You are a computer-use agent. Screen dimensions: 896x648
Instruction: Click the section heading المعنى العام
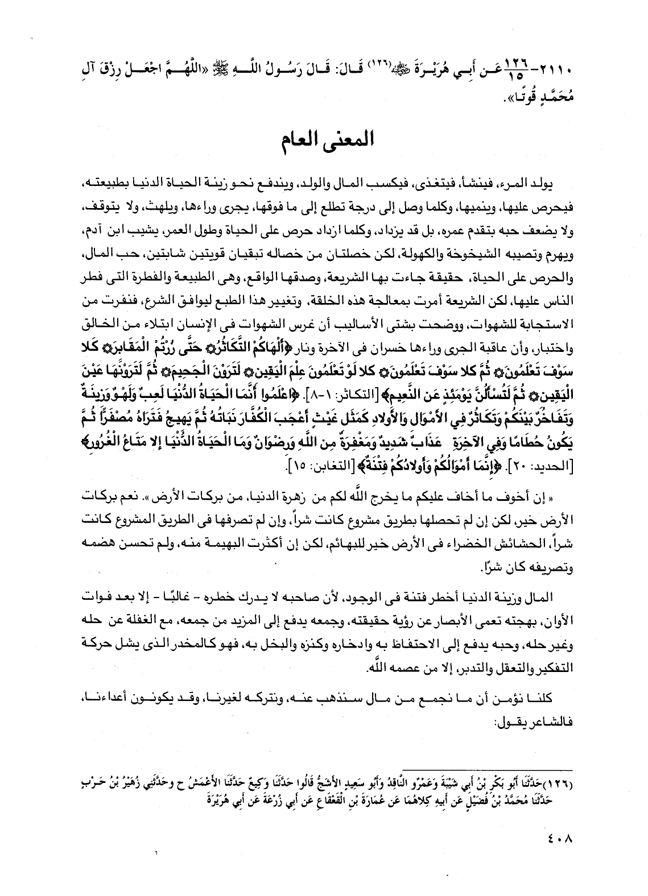324,140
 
